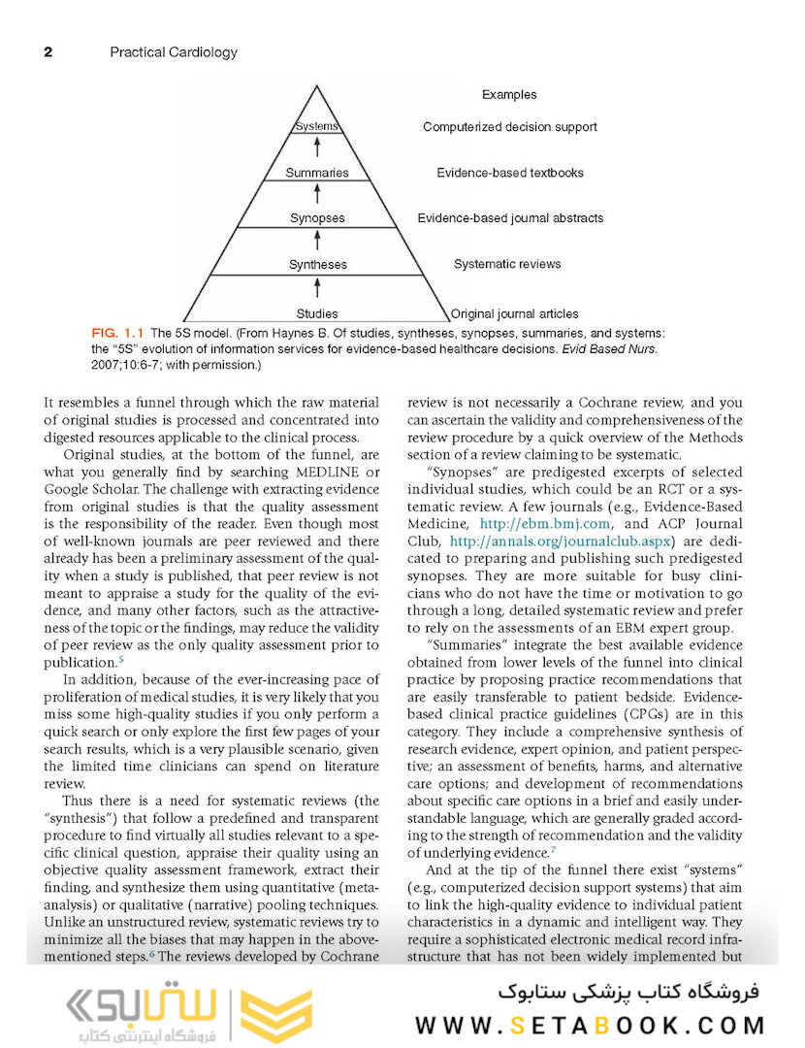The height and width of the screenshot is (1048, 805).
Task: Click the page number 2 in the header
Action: point(48,52)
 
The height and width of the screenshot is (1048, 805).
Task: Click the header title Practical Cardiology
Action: point(174,52)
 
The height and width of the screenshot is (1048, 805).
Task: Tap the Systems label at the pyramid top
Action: point(316,126)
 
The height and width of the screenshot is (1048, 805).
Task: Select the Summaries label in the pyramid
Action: point(316,173)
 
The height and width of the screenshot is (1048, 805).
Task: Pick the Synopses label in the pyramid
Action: point(317,218)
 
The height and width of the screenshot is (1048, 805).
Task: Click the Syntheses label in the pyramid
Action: point(317,264)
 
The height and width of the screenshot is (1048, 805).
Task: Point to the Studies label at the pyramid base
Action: point(317,313)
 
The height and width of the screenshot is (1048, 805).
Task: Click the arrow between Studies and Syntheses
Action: point(317,288)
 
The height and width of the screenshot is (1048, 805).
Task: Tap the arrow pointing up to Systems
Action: point(317,148)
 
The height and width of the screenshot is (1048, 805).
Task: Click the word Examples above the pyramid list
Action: point(508,94)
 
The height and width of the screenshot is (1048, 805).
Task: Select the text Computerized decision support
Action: point(509,127)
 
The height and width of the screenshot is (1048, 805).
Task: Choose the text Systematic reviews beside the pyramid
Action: point(506,264)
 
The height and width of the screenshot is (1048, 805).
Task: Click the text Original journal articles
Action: point(515,313)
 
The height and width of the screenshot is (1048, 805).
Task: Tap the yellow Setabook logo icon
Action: point(275,1015)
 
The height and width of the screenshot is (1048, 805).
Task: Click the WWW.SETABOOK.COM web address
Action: point(591,1025)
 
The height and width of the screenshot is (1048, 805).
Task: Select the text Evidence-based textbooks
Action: point(509,173)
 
